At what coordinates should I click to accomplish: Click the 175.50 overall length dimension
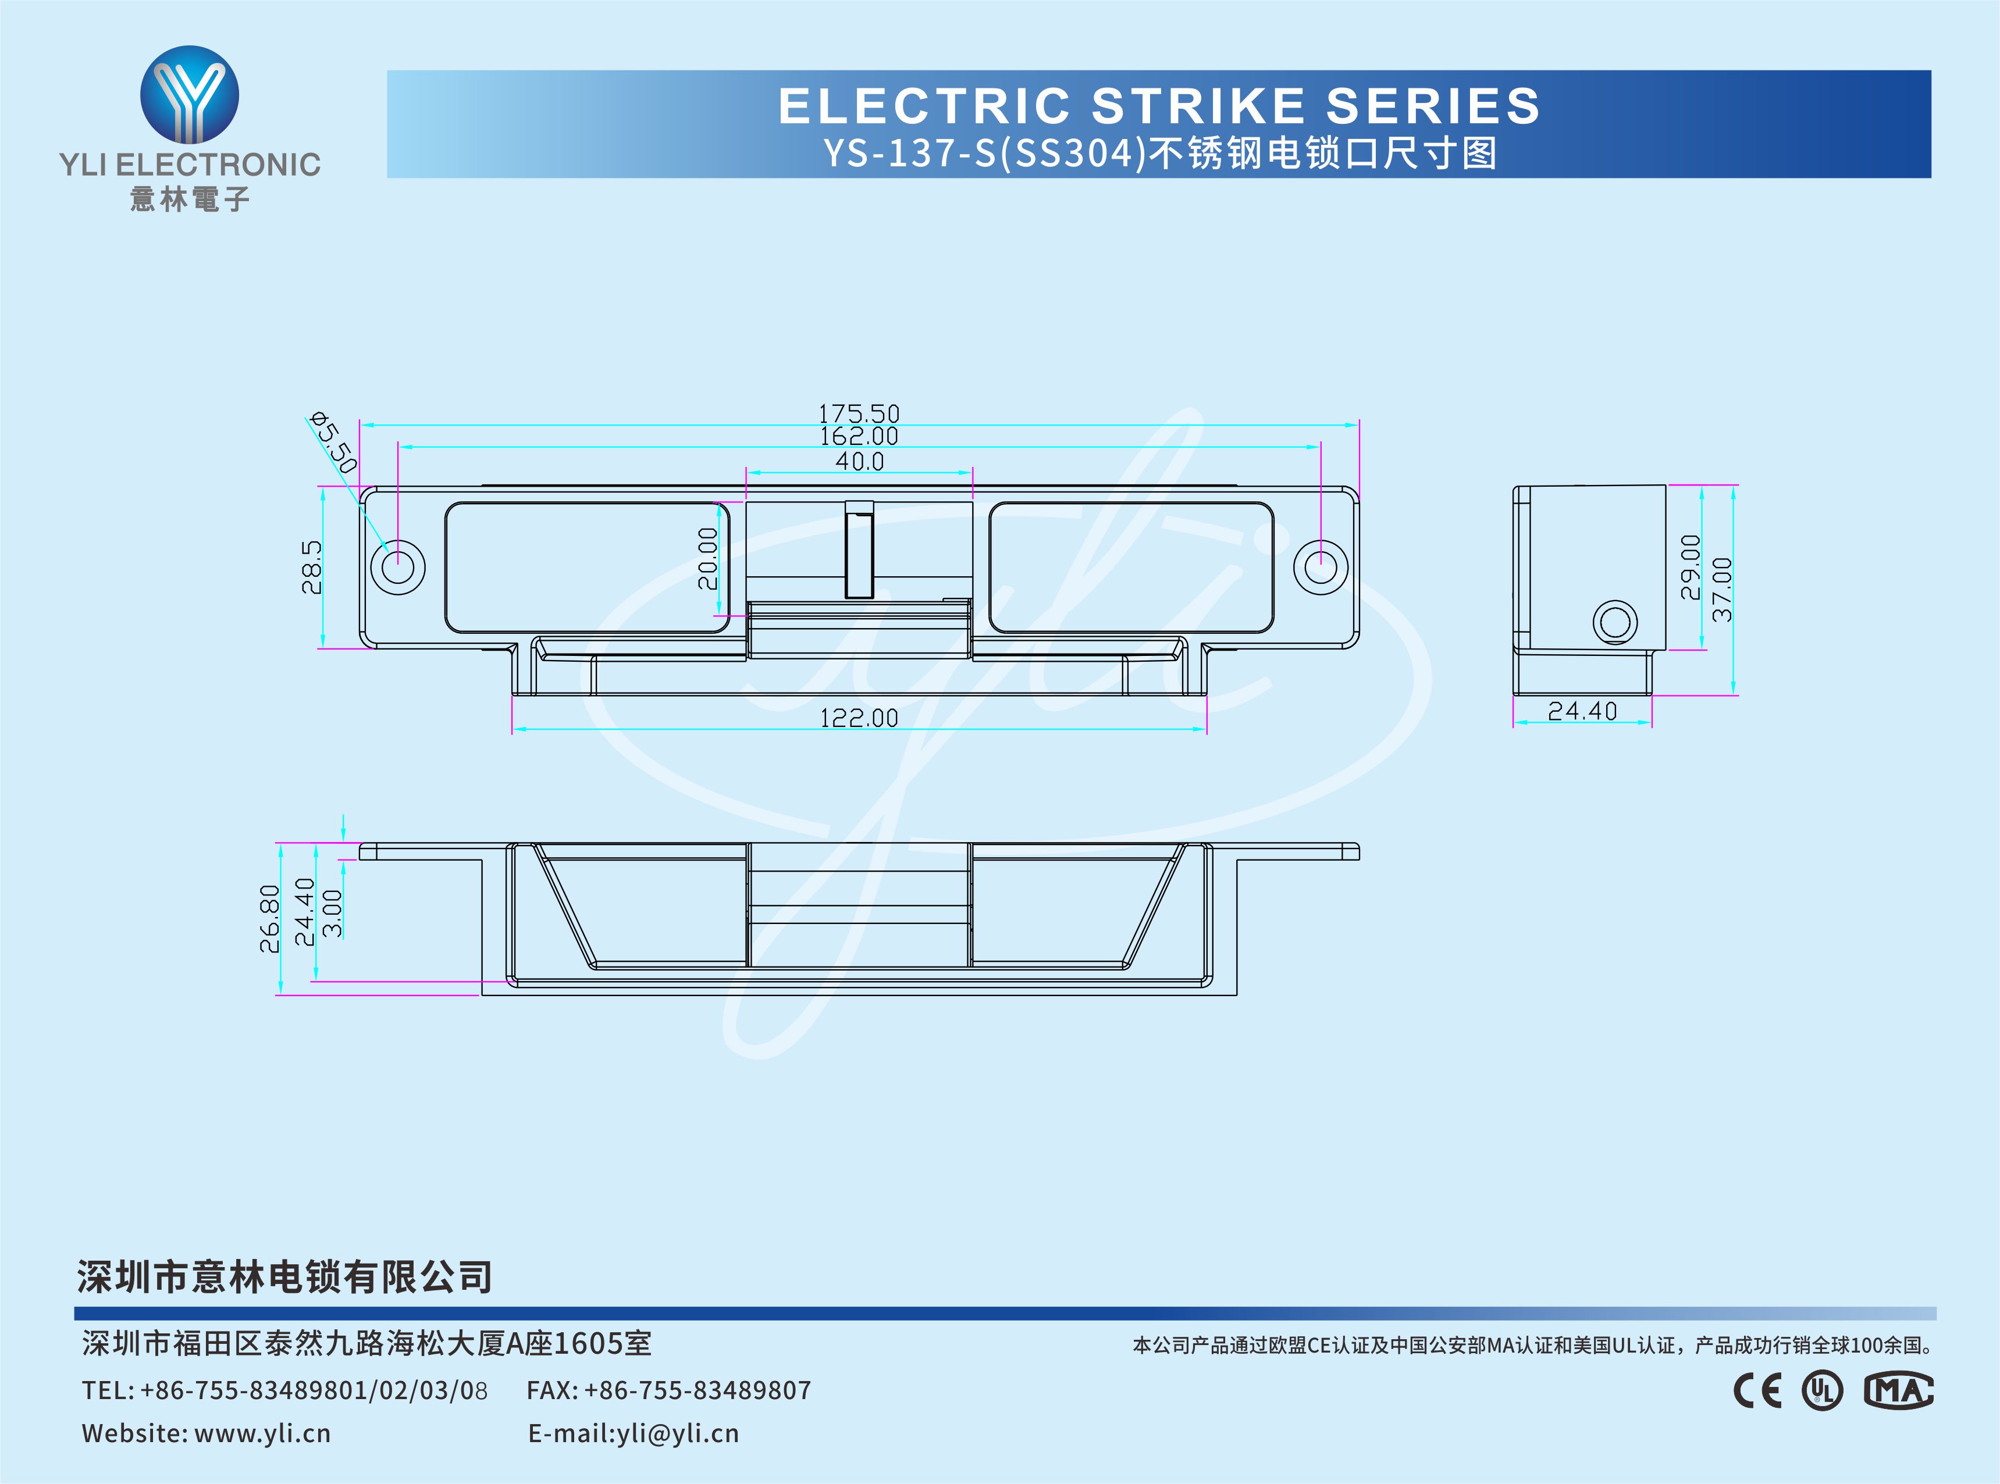tap(858, 413)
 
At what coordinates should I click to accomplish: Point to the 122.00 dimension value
tap(858, 718)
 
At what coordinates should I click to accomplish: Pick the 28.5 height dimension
tap(312, 567)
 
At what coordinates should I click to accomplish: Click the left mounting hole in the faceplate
tap(397, 567)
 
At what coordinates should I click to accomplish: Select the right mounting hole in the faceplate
tap(1320, 567)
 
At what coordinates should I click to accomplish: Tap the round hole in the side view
tap(1614, 622)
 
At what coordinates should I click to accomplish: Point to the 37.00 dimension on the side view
tap(1721, 589)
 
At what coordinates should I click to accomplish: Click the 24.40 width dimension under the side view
tap(1582, 711)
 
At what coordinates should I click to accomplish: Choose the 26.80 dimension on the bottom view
tap(269, 918)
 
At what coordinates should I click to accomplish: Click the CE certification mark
tap(1756, 1390)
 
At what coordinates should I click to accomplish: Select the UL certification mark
tap(1821, 1390)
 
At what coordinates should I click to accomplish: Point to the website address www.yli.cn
tap(262, 1433)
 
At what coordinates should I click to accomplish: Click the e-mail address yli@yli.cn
tap(678, 1433)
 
